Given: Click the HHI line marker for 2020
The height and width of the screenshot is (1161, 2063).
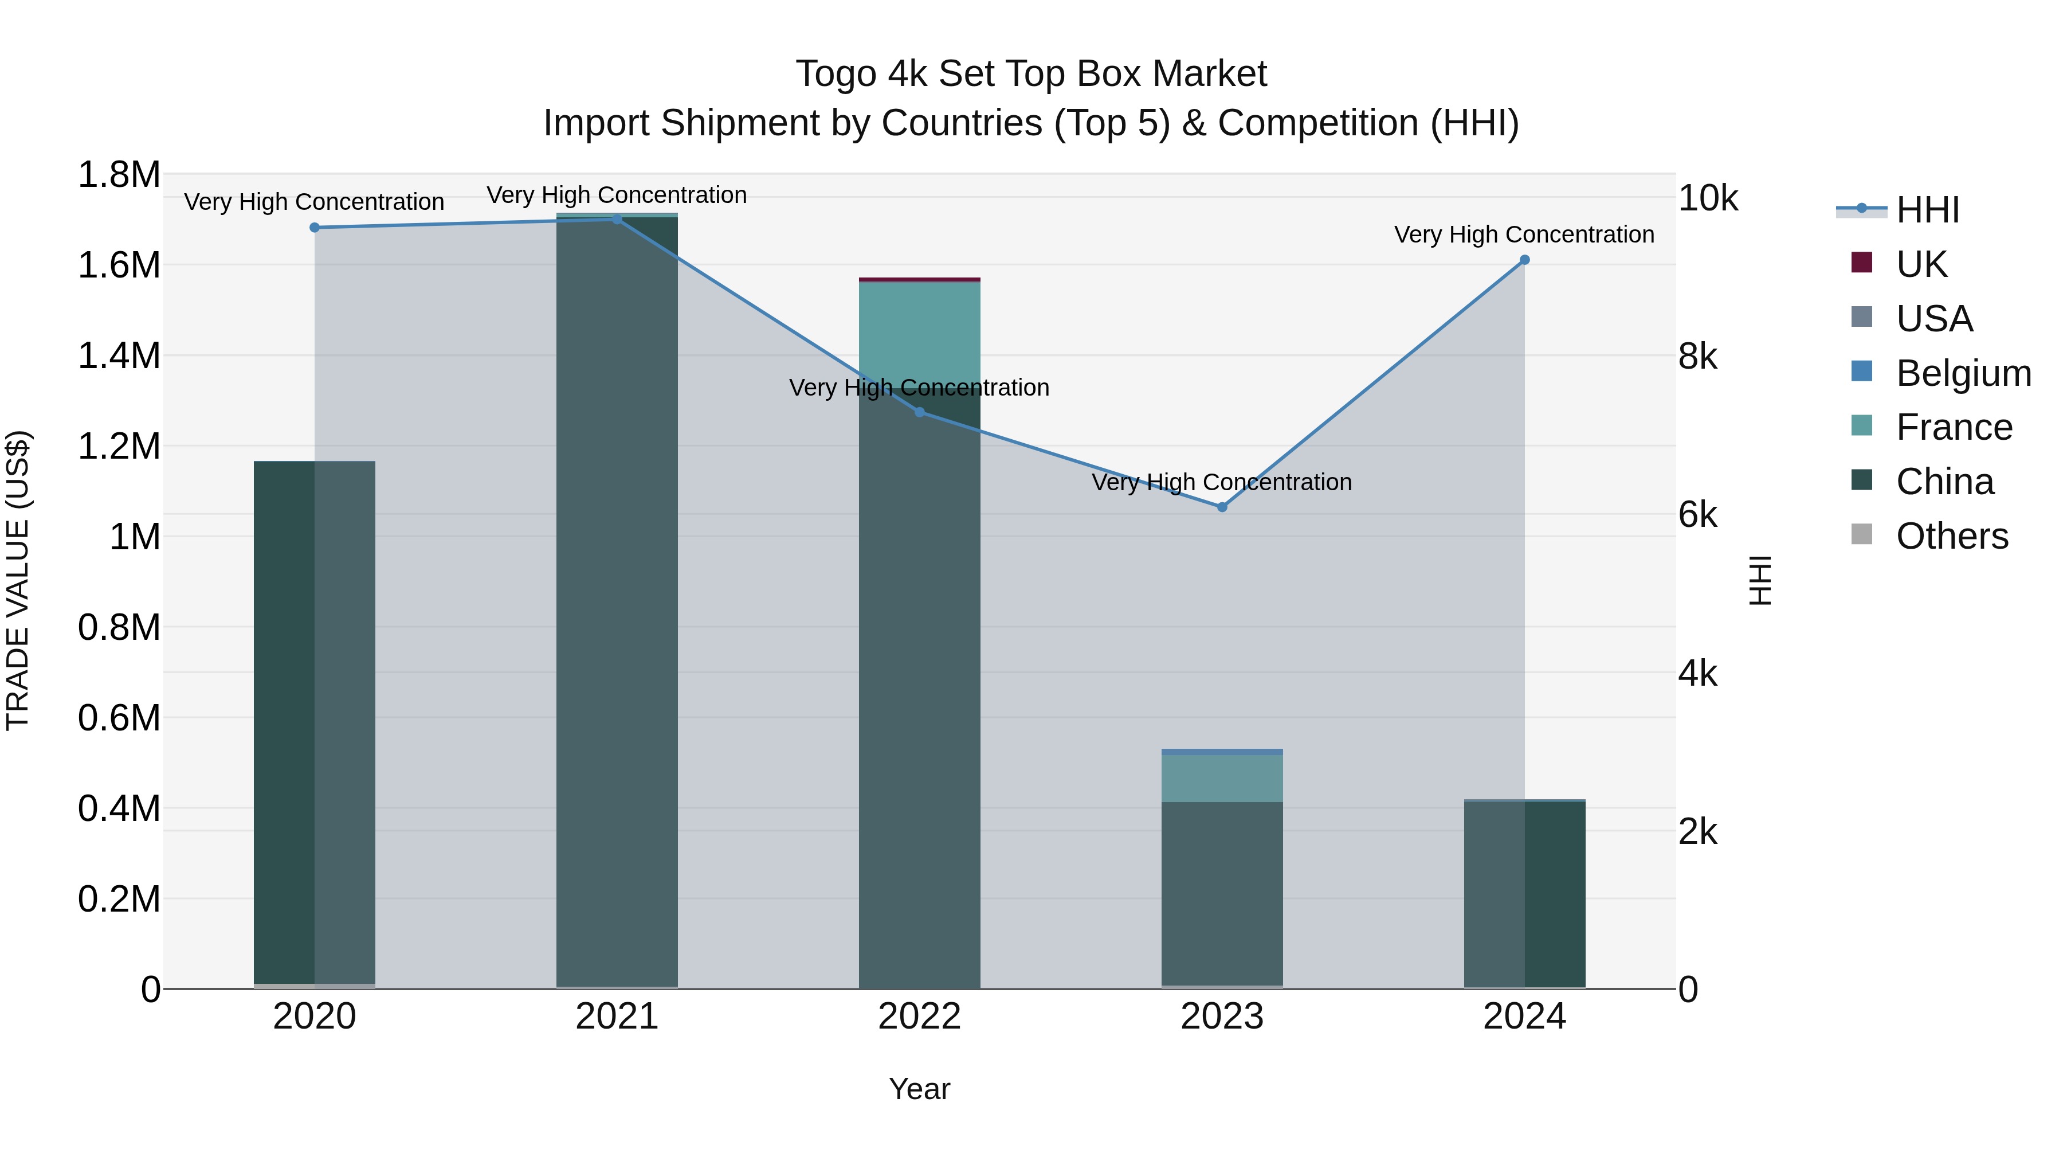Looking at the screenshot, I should click(x=315, y=228).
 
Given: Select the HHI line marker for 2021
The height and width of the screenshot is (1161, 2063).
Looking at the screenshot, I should click(x=617, y=220).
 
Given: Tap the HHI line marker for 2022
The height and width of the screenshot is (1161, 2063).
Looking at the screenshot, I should click(x=919, y=412).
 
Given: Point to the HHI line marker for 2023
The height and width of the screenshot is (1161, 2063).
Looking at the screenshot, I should click(x=1222, y=507).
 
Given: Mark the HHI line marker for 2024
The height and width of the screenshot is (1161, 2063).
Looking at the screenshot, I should click(x=1525, y=260).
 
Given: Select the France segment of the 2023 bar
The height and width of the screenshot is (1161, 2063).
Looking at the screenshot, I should click(x=1222, y=778).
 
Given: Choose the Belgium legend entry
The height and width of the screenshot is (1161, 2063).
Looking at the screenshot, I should click(x=1963, y=373).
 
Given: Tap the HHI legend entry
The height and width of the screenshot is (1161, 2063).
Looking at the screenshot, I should click(x=1927, y=210).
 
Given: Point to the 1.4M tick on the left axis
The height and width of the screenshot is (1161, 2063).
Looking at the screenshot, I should click(x=119, y=355).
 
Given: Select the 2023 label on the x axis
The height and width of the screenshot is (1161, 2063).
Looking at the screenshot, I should click(x=1222, y=1017).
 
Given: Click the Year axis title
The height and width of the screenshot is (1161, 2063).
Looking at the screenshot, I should click(x=919, y=1089).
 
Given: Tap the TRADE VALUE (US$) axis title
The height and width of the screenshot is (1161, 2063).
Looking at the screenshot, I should click(x=18, y=580).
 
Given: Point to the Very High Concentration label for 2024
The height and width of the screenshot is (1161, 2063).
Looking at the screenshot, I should click(x=1524, y=234).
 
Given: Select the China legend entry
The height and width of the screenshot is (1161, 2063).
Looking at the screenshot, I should click(x=1944, y=482).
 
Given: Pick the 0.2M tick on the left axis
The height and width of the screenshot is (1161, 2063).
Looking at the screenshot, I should click(x=119, y=899).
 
